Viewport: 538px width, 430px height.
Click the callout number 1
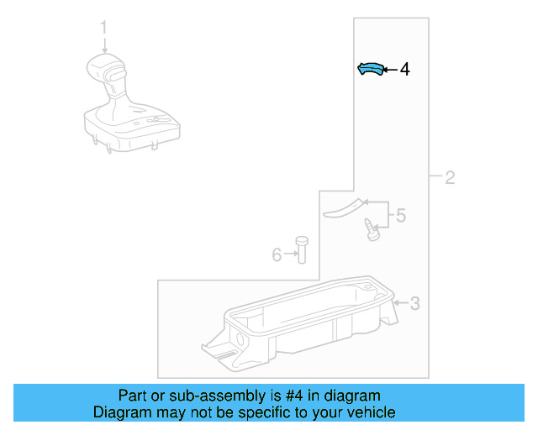[104, 28]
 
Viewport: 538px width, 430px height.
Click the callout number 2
[450, 177]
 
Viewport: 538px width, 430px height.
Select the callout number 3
[414, 303]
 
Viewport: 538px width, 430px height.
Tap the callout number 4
[405, 70]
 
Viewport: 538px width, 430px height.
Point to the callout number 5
[400, 216]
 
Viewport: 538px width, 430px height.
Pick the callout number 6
[277, 254]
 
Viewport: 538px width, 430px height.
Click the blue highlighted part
[370, 70]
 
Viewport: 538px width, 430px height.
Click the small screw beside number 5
[370, 228]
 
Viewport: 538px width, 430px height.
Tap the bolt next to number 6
[302, 249]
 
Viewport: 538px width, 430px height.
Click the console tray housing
[303, 323]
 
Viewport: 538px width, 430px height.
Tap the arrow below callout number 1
[104, 45]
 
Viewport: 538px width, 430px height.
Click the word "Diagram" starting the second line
[120, 412]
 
